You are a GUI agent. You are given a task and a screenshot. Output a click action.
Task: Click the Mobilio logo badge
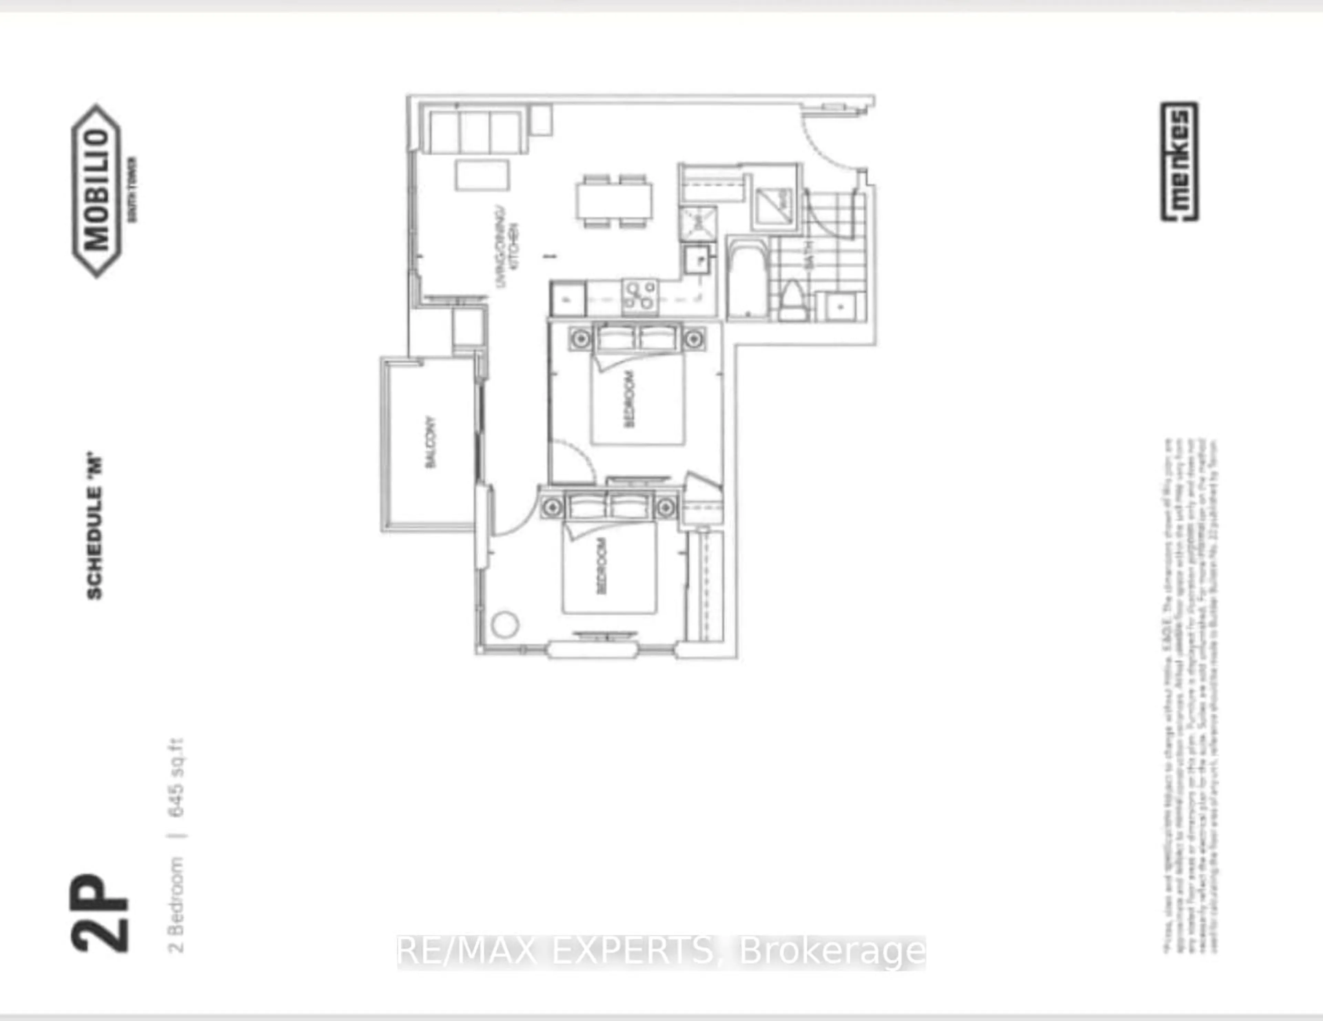pyautogui.click(x=97, y=191)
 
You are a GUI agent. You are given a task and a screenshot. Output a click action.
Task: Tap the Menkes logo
pyautogui.click(x=1179, y=162)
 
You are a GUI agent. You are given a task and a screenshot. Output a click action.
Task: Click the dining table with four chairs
pyautogui.click(x=614, y=200)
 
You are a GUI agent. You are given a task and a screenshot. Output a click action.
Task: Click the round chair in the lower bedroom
pyautogui.click(x=505, y=625)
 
